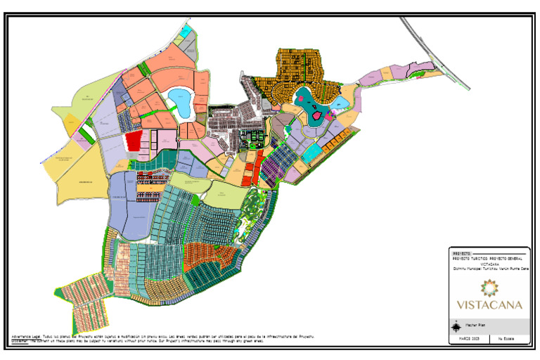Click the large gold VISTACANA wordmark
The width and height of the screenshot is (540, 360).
pyautogui.click(x=489, y=304)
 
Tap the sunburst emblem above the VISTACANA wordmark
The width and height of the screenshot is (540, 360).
pyautogui.click(x=489, y=287)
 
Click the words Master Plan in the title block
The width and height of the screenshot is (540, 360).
pyautogui.click(x=472, y=326)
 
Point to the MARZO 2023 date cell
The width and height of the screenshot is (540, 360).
pyautogui.click(x=469, y=340)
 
